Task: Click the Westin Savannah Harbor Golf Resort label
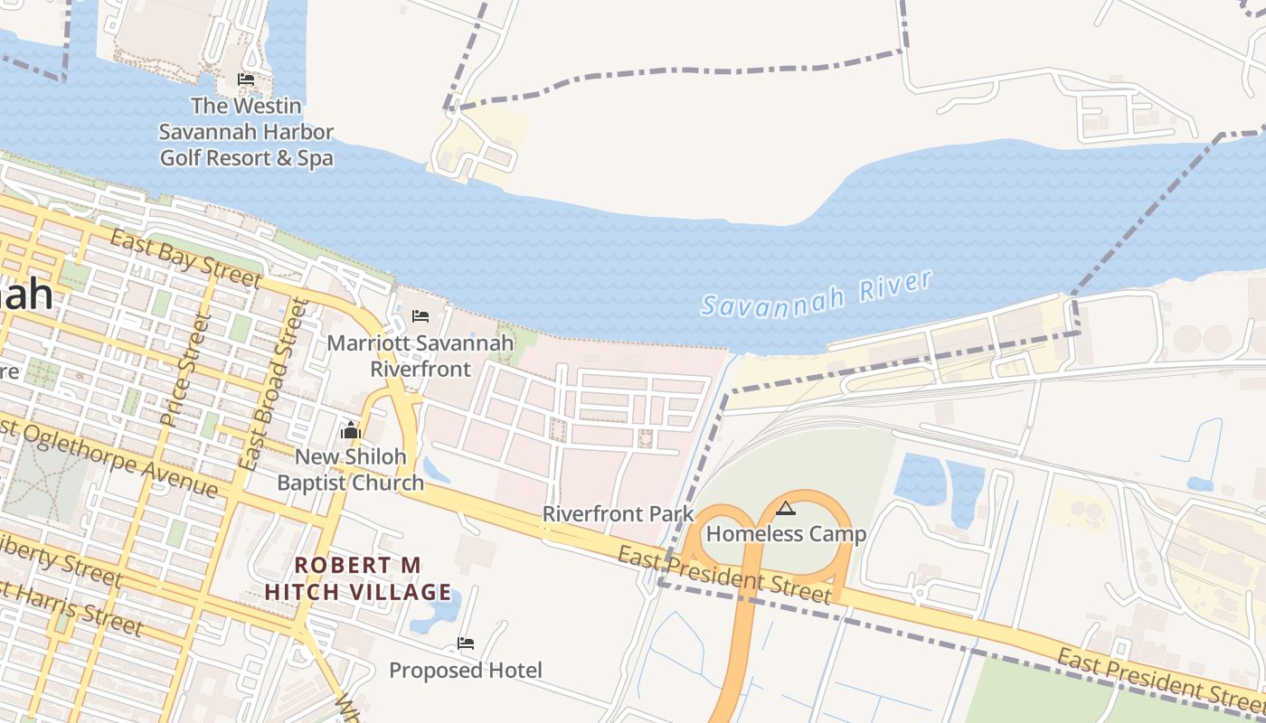(246, 132)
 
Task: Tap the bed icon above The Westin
(245, 80)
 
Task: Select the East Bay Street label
(185, 258)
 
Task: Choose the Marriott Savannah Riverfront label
(420, 356)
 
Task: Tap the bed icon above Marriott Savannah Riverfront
(420, 316)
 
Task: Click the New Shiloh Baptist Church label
(350, 470)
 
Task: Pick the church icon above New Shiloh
(351, 431)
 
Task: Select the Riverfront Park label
(618, 514)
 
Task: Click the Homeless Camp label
(786, 534)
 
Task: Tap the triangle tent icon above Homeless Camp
(786, 508)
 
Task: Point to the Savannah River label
(817, 294)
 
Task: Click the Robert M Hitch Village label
(358, 579)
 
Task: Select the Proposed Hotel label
(466, 671)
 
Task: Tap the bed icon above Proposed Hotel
(466, 643)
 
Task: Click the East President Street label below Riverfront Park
(723, 575)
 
